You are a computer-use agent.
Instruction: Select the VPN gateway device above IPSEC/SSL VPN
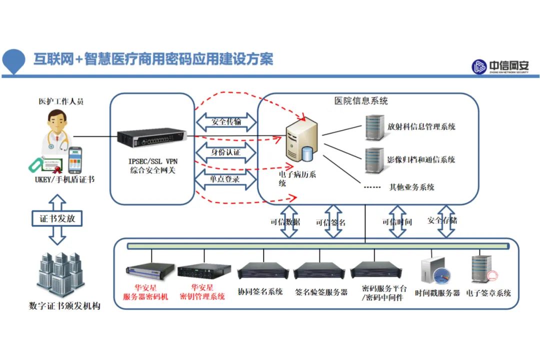[151, 136]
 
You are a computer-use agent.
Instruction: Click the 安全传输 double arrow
[225, 122]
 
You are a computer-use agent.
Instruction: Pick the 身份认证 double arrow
[225, 151]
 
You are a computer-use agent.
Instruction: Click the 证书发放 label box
[57, 218]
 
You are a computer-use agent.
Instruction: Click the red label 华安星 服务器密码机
[145, 292]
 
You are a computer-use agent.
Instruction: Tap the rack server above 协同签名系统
[263, 272]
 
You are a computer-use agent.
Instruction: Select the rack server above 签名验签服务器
[319, 272]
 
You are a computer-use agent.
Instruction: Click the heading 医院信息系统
[361, 101]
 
